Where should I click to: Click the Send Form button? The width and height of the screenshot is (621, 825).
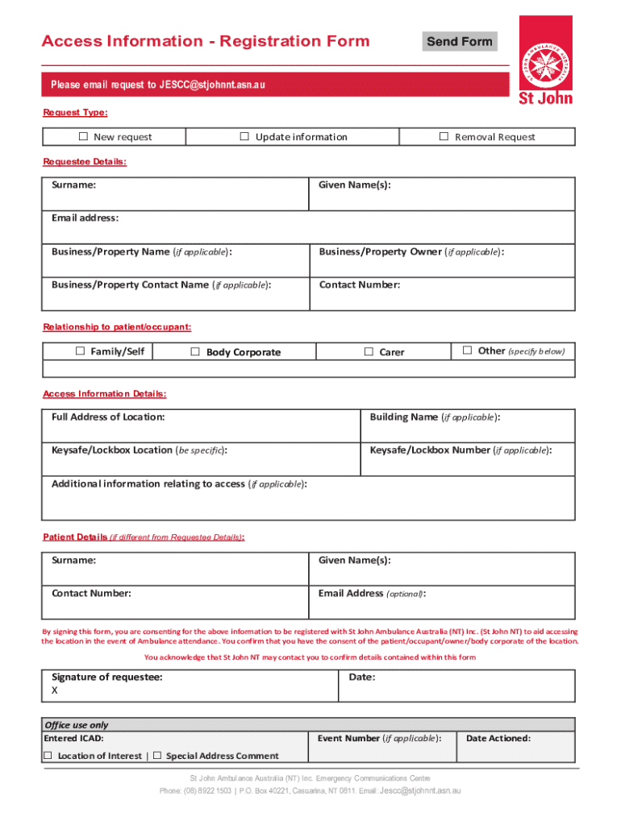pos(459,42)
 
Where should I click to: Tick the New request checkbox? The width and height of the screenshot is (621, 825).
pos(83,137)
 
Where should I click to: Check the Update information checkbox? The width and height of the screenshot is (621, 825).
pos(244,136)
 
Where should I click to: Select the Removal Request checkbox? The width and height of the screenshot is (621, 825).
pos(444,136)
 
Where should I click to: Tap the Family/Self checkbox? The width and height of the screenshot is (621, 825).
pos(80,351)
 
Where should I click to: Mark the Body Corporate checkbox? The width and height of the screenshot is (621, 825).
pos(194,351)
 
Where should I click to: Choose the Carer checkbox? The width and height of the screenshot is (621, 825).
pos(369,351)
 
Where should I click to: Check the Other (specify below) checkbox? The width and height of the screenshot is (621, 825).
pos(467,350)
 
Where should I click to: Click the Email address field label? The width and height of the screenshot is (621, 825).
pos(85,218)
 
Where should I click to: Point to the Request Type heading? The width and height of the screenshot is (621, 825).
pos(75,114)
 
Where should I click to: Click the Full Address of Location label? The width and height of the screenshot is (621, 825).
pos(108,417)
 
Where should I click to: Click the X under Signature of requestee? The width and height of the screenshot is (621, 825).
pos(55,690)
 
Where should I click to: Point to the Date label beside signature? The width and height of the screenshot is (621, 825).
pos(361,677)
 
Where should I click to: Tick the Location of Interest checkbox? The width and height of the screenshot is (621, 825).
pos(48,755)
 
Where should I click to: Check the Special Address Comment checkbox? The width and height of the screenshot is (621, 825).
pos(157,755)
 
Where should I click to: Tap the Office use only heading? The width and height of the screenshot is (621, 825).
pos(76,725)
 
